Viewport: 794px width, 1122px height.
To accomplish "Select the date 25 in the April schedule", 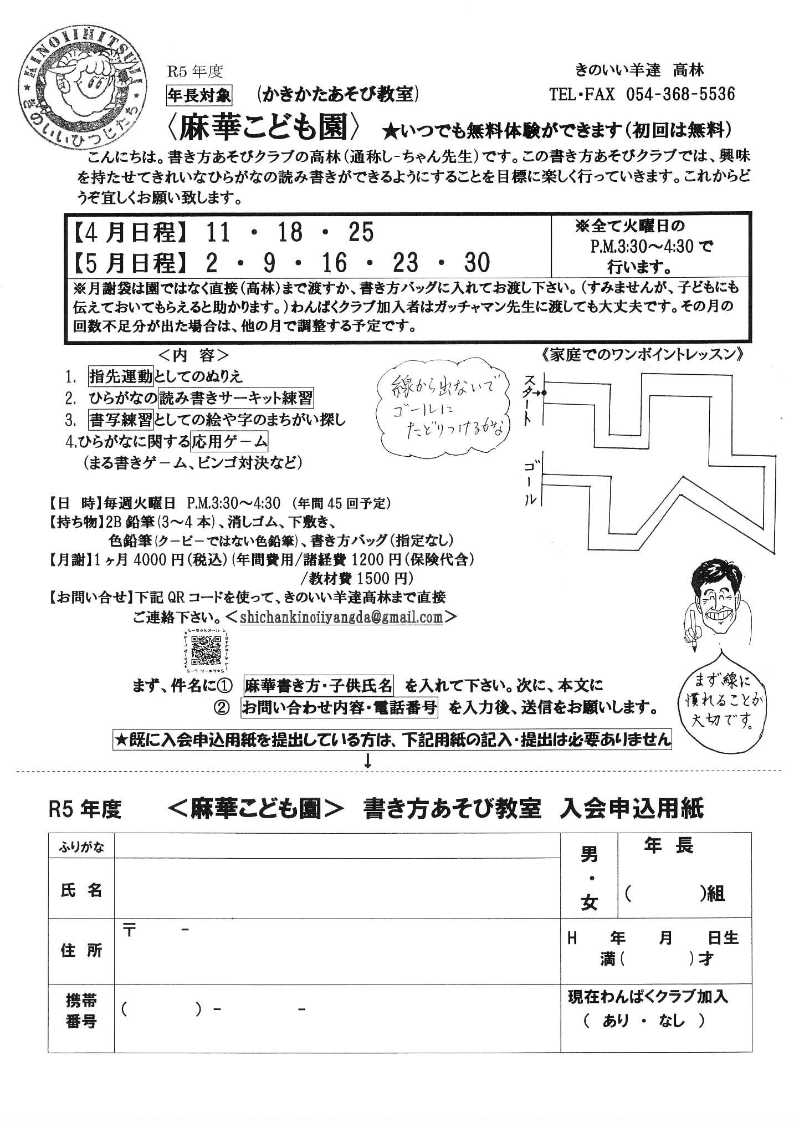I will coord(361,233).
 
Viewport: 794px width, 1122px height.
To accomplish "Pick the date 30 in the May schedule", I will coord(477,263).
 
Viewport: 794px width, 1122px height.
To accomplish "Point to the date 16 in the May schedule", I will coord(334,263).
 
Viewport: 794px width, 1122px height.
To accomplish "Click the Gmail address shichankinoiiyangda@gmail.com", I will coord(341,617).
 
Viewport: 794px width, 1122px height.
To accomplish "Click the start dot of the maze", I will coord(545,392).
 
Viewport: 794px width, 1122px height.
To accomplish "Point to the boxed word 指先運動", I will coord(121,376).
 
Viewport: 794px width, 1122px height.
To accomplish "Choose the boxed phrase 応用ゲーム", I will coord(229,442).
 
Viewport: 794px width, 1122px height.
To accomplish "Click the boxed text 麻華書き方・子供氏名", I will coord(318,686).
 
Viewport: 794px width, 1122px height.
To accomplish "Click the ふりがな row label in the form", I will coord(81,846).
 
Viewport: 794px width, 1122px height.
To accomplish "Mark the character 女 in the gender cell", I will coord(589,904).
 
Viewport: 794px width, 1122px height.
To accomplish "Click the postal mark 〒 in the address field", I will coord(130,931).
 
